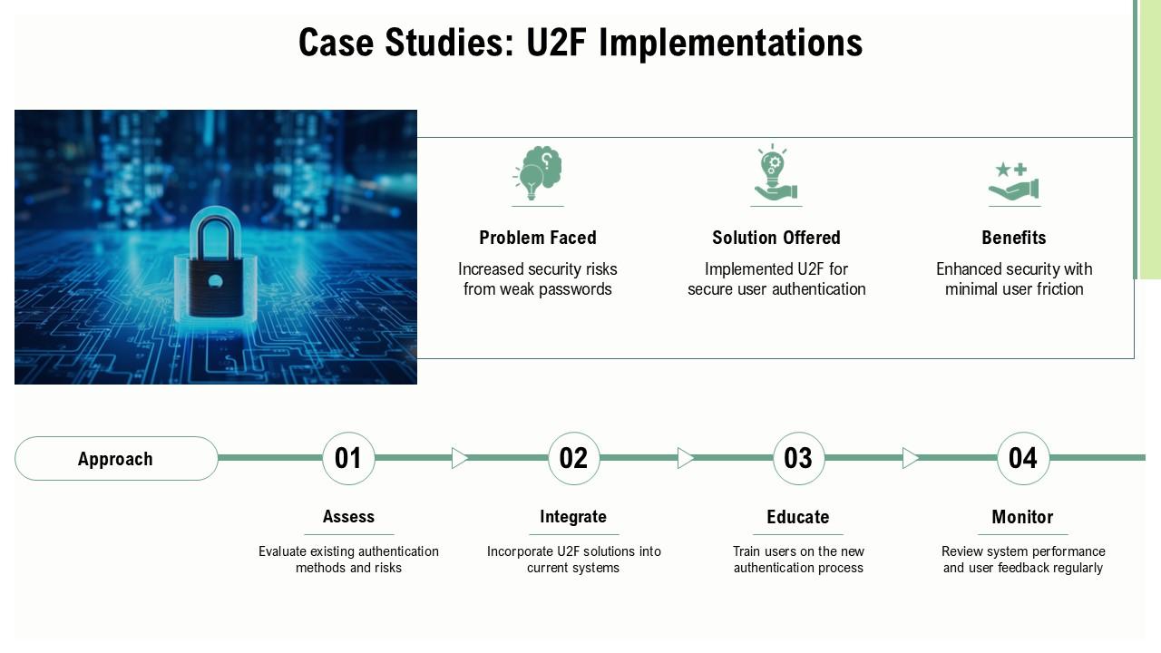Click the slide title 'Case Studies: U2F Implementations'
point(580,43)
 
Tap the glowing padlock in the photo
point(216,264)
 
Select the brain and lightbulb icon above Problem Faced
point(538,173)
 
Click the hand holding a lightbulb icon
point(776,173)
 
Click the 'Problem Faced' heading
point(538,238)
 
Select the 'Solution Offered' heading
point(776,238)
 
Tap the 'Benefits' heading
point(1014,238)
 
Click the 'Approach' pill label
point(116,459)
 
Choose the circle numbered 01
point(348,458)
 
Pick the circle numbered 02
point(573,458)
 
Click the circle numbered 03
point(798,458)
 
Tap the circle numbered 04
point(1023,458)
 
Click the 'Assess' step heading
point(348,517)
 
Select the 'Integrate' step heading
point(573,517)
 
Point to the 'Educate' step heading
point(798,517)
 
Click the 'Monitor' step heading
point(1022,517)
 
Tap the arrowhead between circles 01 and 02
point(460,458)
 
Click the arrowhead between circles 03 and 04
point(911,458)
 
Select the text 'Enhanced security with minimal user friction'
point(1014,279)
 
